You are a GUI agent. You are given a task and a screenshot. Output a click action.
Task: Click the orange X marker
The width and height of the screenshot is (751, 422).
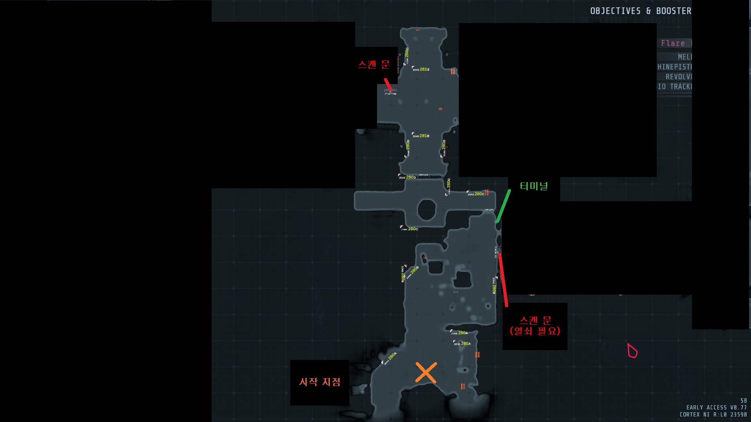426,372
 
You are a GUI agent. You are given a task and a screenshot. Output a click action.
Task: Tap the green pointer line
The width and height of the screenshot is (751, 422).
503,206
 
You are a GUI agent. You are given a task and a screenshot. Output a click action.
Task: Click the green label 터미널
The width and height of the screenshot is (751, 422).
534,186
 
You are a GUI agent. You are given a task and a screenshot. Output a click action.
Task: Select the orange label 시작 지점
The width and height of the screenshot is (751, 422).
320,382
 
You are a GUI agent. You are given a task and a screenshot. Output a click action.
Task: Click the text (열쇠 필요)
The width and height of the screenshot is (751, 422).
535,331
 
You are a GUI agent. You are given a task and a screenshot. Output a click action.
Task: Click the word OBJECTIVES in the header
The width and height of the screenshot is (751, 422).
615,11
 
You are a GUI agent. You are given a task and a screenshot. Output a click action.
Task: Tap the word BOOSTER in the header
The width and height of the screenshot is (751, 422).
674,11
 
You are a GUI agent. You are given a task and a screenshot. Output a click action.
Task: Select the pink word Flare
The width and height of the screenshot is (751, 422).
673,43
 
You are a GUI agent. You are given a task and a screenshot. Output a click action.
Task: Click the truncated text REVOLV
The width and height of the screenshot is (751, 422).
679,77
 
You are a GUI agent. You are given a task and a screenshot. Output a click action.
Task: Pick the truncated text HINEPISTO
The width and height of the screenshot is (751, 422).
675,67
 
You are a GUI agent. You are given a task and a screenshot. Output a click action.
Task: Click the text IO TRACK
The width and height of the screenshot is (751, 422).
675,86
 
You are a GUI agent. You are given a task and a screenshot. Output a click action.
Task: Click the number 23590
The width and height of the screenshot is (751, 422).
738,415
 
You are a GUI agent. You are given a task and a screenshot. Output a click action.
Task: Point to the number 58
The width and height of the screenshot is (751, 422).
744,401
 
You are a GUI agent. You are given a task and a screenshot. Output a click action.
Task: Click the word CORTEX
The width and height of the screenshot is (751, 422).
690,415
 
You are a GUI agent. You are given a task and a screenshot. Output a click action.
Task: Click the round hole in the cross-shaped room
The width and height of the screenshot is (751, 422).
426,209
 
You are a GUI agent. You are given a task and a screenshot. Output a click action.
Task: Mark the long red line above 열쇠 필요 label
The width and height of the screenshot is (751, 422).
503,280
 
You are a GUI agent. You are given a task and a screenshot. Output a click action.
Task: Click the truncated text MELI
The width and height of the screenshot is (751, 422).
685,57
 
